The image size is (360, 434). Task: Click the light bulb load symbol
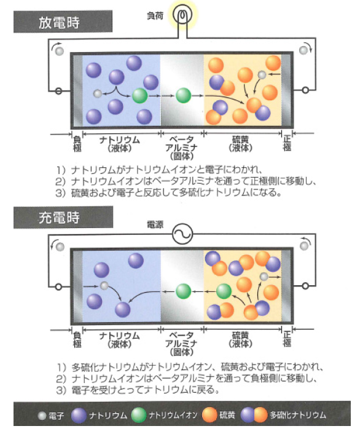click(182, 15)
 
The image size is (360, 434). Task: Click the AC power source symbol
click(182, 234)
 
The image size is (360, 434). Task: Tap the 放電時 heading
click(59, 22)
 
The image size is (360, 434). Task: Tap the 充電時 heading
click(59, 218)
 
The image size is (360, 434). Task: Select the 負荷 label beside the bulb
click(155, 16)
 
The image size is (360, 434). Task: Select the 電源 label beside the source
click(155, 224)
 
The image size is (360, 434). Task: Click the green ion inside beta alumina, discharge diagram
click(183, 95)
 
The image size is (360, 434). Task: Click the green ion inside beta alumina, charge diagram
click(183, 291)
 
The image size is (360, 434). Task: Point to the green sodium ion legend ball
click(139, 415)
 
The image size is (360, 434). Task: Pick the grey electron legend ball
click(42, 416)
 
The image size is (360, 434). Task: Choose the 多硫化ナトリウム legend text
click(299, 415)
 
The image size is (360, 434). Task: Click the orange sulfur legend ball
click(209, 415)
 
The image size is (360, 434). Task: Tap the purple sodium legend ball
click(79, 415)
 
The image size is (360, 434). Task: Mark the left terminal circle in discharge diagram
click(58, 91)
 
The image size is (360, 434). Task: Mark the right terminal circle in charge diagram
click(305, 286)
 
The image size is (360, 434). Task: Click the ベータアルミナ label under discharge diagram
click(181, 148)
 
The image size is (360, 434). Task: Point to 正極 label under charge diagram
click(288, 339)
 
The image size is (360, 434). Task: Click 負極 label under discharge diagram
click(77, 143)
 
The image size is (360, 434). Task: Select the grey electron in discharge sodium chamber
click(98, 93)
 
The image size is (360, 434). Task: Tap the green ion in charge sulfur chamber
click(224, 291)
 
